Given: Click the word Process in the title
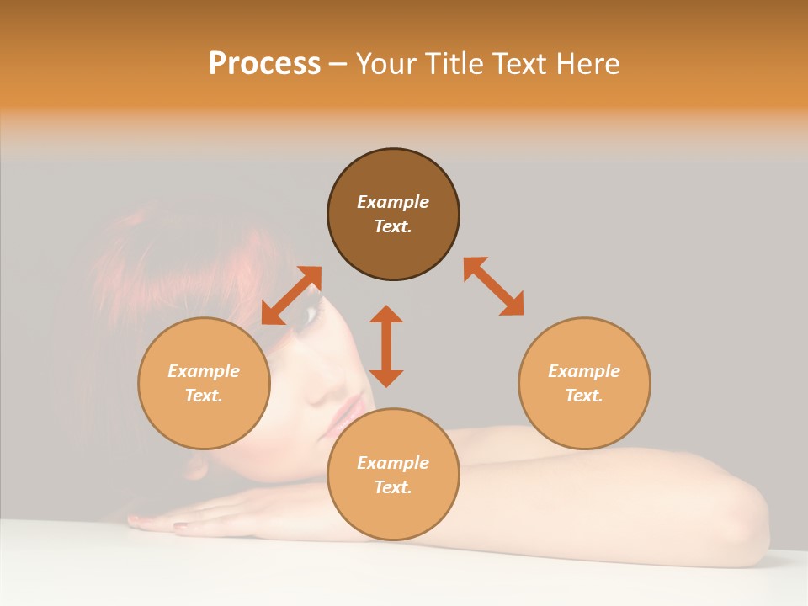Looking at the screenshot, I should pos(264,63).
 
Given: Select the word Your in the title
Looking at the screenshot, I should pos(386,63).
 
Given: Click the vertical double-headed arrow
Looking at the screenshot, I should pos(386,346).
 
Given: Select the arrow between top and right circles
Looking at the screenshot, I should pos(494,287).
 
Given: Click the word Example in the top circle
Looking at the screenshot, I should pos(393,202).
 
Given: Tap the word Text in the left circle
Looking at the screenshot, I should pos(204,396).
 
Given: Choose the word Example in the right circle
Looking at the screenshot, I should pos(584,371).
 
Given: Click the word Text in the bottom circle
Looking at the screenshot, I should pos(393,487).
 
